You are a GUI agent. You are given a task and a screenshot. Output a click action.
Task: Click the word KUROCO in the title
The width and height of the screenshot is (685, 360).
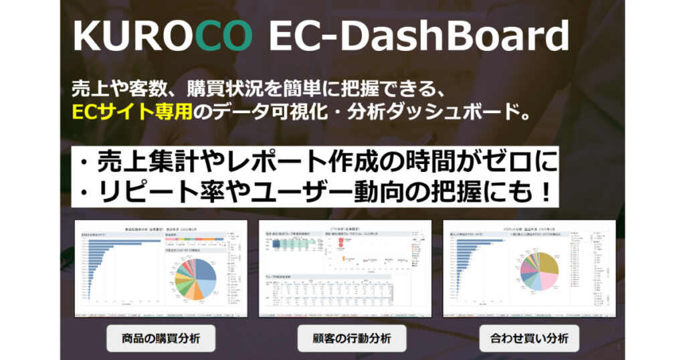coord(163,33)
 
